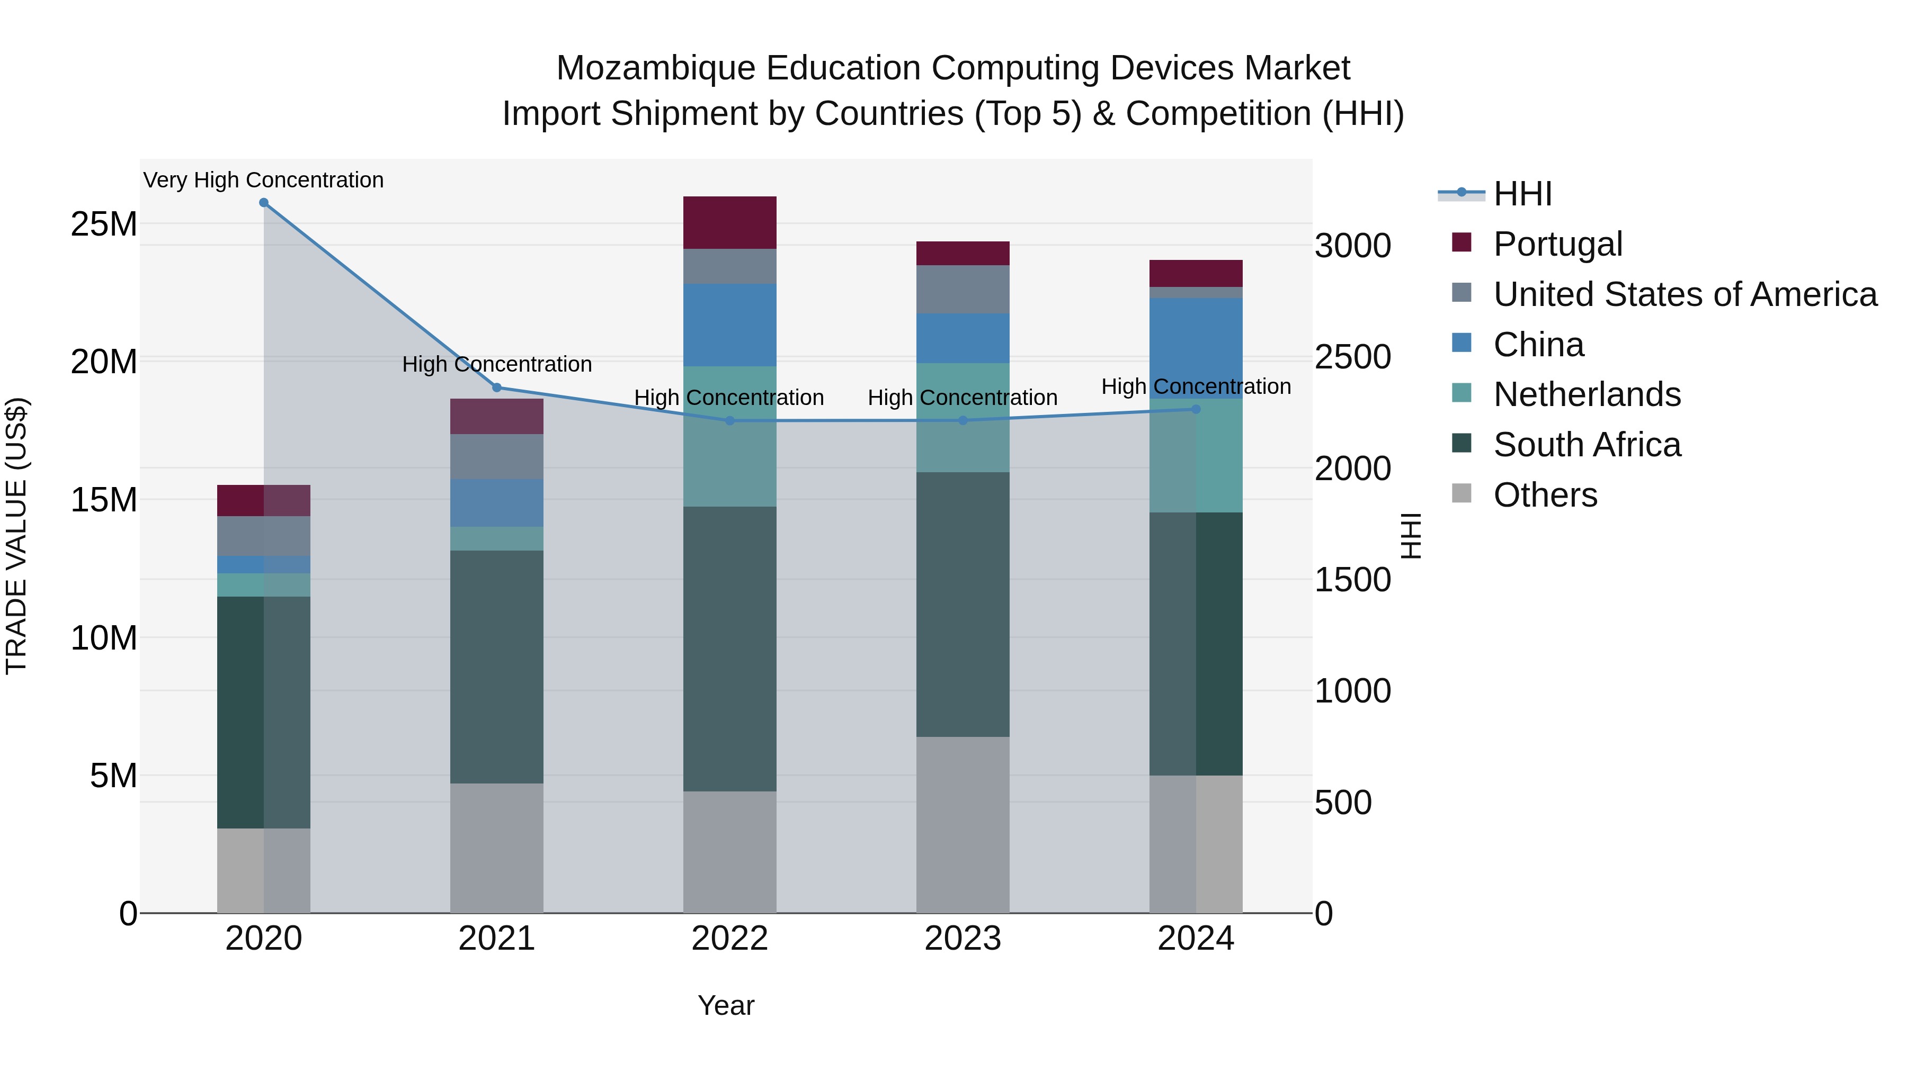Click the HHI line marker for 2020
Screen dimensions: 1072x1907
coord(264,203)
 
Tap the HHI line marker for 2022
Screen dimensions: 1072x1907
coord(729,421)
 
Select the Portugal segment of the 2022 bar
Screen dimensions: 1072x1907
coord(729,223)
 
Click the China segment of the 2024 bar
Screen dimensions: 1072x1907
coord(1196,348)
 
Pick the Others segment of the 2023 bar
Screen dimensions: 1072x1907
coord(963,824)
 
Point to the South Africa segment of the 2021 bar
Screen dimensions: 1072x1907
coord(497,666)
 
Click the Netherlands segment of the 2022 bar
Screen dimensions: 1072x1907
coord(729,437)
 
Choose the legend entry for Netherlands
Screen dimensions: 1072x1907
coord(1587,394)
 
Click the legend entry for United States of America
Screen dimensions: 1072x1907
coord(1684,294)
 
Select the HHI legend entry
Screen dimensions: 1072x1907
coord(1521,194)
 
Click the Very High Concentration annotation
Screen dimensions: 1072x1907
coord(264,180)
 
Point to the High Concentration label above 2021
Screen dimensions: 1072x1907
coord(497,364)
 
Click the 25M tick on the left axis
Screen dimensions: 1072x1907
coord(104,224)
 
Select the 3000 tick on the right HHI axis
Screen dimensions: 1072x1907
coord(1352,246)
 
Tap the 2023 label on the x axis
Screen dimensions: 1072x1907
coord(963,939)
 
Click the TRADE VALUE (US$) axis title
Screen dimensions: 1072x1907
coord(16,536)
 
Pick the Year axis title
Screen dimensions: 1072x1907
coord(726,1005)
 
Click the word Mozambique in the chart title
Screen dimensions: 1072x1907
coord(655,68)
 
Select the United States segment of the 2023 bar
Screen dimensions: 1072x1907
coord(963,289)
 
